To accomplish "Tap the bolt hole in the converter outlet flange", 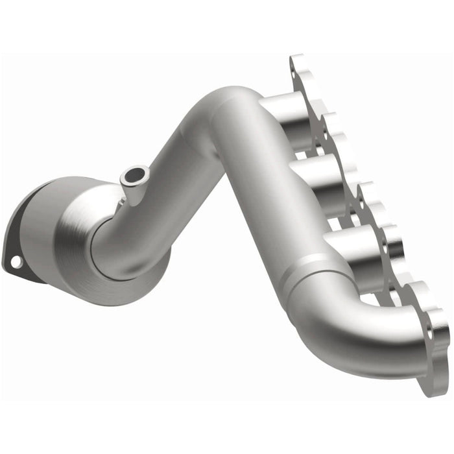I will (x=15, y=261).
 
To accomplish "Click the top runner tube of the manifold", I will (x=282, y=107).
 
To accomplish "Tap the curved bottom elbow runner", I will (x=363, y=337).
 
